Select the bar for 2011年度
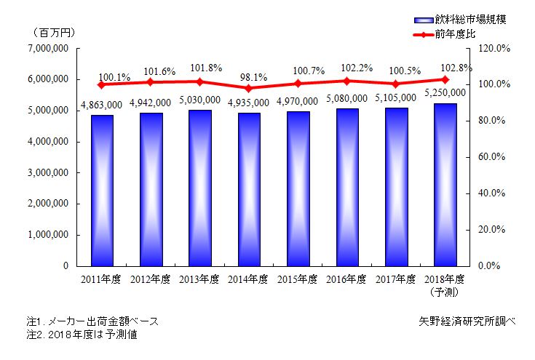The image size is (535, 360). (102, 191)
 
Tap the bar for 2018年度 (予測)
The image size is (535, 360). (445, 185)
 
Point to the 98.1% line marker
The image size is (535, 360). (249, 88)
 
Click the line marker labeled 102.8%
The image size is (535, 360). (445, 79)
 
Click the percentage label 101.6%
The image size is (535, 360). (151, 71)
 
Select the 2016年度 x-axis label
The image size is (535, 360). (347, 279)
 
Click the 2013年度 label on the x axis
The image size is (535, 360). (199, 279)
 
